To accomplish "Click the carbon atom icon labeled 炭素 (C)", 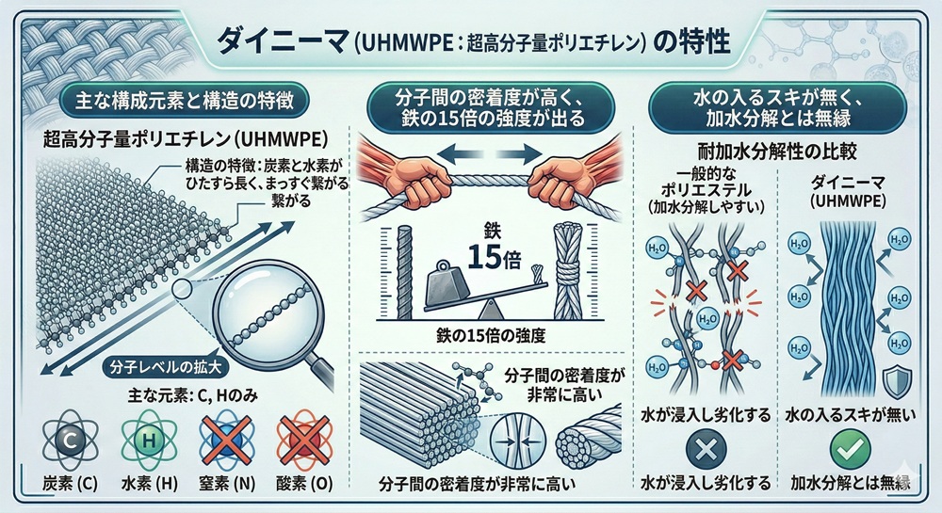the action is point(70,441).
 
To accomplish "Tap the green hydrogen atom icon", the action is point(149,441).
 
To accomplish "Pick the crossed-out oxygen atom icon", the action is point(304,441).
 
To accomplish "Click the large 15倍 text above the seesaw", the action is point(494,257).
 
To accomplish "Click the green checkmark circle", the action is point(850,449).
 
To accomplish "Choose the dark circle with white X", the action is point(706,449).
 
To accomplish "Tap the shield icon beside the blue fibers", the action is point(897,380).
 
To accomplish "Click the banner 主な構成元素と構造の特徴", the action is point(185,100).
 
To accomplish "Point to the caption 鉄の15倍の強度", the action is point(492,335).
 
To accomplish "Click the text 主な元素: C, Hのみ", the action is point(193,395).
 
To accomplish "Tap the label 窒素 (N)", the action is point(226,484).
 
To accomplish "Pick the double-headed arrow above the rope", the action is point(489,153).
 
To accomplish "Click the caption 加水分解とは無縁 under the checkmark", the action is point(850,482).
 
